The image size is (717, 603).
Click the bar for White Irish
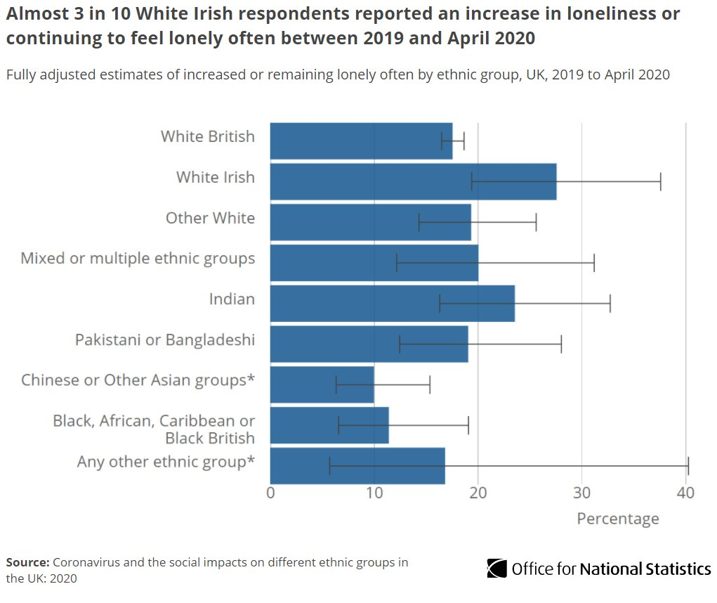coord(413,181)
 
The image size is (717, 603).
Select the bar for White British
coord(361,141)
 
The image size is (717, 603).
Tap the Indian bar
coord(392,303)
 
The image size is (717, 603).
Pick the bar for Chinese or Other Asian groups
coord(322,384)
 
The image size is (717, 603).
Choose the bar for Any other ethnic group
coord(357,465)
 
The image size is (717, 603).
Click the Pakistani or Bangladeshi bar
coord(369,344)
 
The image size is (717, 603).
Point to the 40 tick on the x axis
coord(685,493)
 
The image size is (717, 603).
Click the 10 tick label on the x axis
coord(374,493)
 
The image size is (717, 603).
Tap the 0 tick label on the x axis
coord(271,493)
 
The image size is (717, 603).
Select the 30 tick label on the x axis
coord(581,493)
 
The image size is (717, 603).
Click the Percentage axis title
coord(617,519)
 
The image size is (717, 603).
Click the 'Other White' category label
coord(210,218)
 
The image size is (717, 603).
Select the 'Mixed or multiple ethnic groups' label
coord(138,259)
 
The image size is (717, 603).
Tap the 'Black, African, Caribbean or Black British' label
coord(154,429)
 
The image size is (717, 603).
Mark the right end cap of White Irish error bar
coord(661,181)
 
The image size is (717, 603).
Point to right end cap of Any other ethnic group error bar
coord(688,465)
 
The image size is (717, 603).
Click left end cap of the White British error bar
coord(442,141)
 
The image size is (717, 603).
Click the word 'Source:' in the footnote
coord(27,563)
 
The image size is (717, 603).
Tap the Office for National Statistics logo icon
coord(497,568)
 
